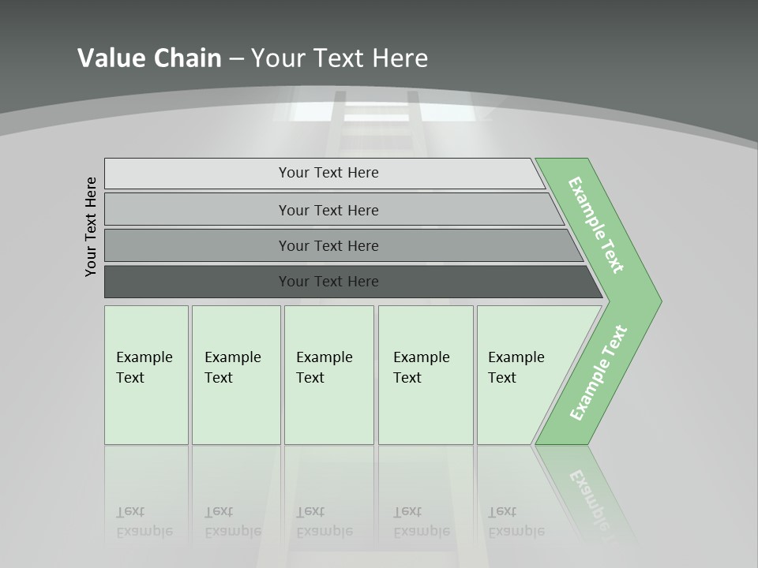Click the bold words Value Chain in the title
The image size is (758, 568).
[149, 58]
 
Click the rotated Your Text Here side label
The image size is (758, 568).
[91, 226]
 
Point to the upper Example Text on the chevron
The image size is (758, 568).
[596, 225]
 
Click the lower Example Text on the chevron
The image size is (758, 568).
[599, 372]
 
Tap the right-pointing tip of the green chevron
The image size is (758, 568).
[655, 301]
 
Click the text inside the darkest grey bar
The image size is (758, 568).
[328, 282]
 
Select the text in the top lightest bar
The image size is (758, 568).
[328, 173]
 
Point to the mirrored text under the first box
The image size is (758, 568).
[144, 521]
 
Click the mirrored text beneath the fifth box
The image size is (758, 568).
[516, 521]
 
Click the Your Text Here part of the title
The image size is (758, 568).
[340, 58]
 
